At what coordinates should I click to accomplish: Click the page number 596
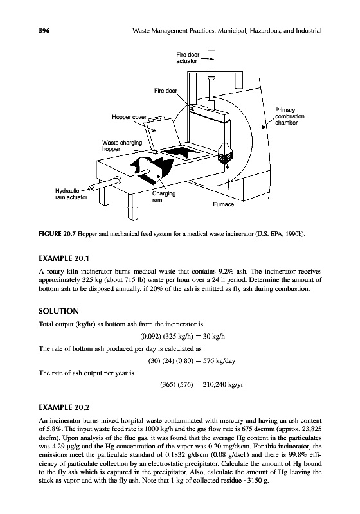point(44,31)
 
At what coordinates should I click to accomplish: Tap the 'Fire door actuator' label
point(188,58)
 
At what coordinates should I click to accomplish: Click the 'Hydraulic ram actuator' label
point(71,194)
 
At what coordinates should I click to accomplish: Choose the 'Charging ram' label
point(163,197)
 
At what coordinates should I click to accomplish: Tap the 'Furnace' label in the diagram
point(223,204)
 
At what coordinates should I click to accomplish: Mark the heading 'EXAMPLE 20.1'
point(64,258)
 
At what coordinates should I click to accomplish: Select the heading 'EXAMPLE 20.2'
point(64,407)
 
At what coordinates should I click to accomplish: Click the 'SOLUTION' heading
point(59,311)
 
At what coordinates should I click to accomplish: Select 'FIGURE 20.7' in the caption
point(57,234)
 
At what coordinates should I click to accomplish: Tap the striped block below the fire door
point(225,157)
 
